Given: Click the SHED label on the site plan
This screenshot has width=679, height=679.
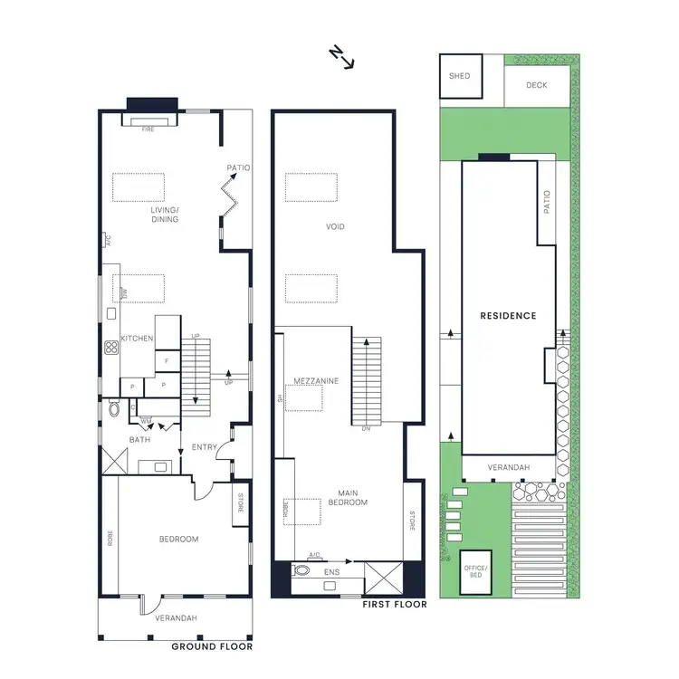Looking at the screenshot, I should click(459, 76).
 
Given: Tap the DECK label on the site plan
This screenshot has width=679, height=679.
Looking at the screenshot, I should click(537, 86).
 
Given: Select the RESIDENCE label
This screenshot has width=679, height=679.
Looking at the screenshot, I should click(508, 316).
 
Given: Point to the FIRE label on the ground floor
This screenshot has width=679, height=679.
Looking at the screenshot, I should click(149, 129).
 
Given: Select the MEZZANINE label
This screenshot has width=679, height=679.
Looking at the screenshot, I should click(316, 381).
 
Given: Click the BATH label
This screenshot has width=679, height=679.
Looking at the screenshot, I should click(139, 440).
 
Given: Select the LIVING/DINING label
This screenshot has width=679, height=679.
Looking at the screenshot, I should click(164, 214).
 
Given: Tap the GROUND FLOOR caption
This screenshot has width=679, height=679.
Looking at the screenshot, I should click(212, 646).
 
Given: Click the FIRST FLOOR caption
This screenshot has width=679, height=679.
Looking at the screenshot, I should click(394, 603).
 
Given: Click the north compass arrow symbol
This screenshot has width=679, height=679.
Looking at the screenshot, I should click(341, 58).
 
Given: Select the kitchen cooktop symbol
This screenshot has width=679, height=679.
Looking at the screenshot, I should click(113, 346).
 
